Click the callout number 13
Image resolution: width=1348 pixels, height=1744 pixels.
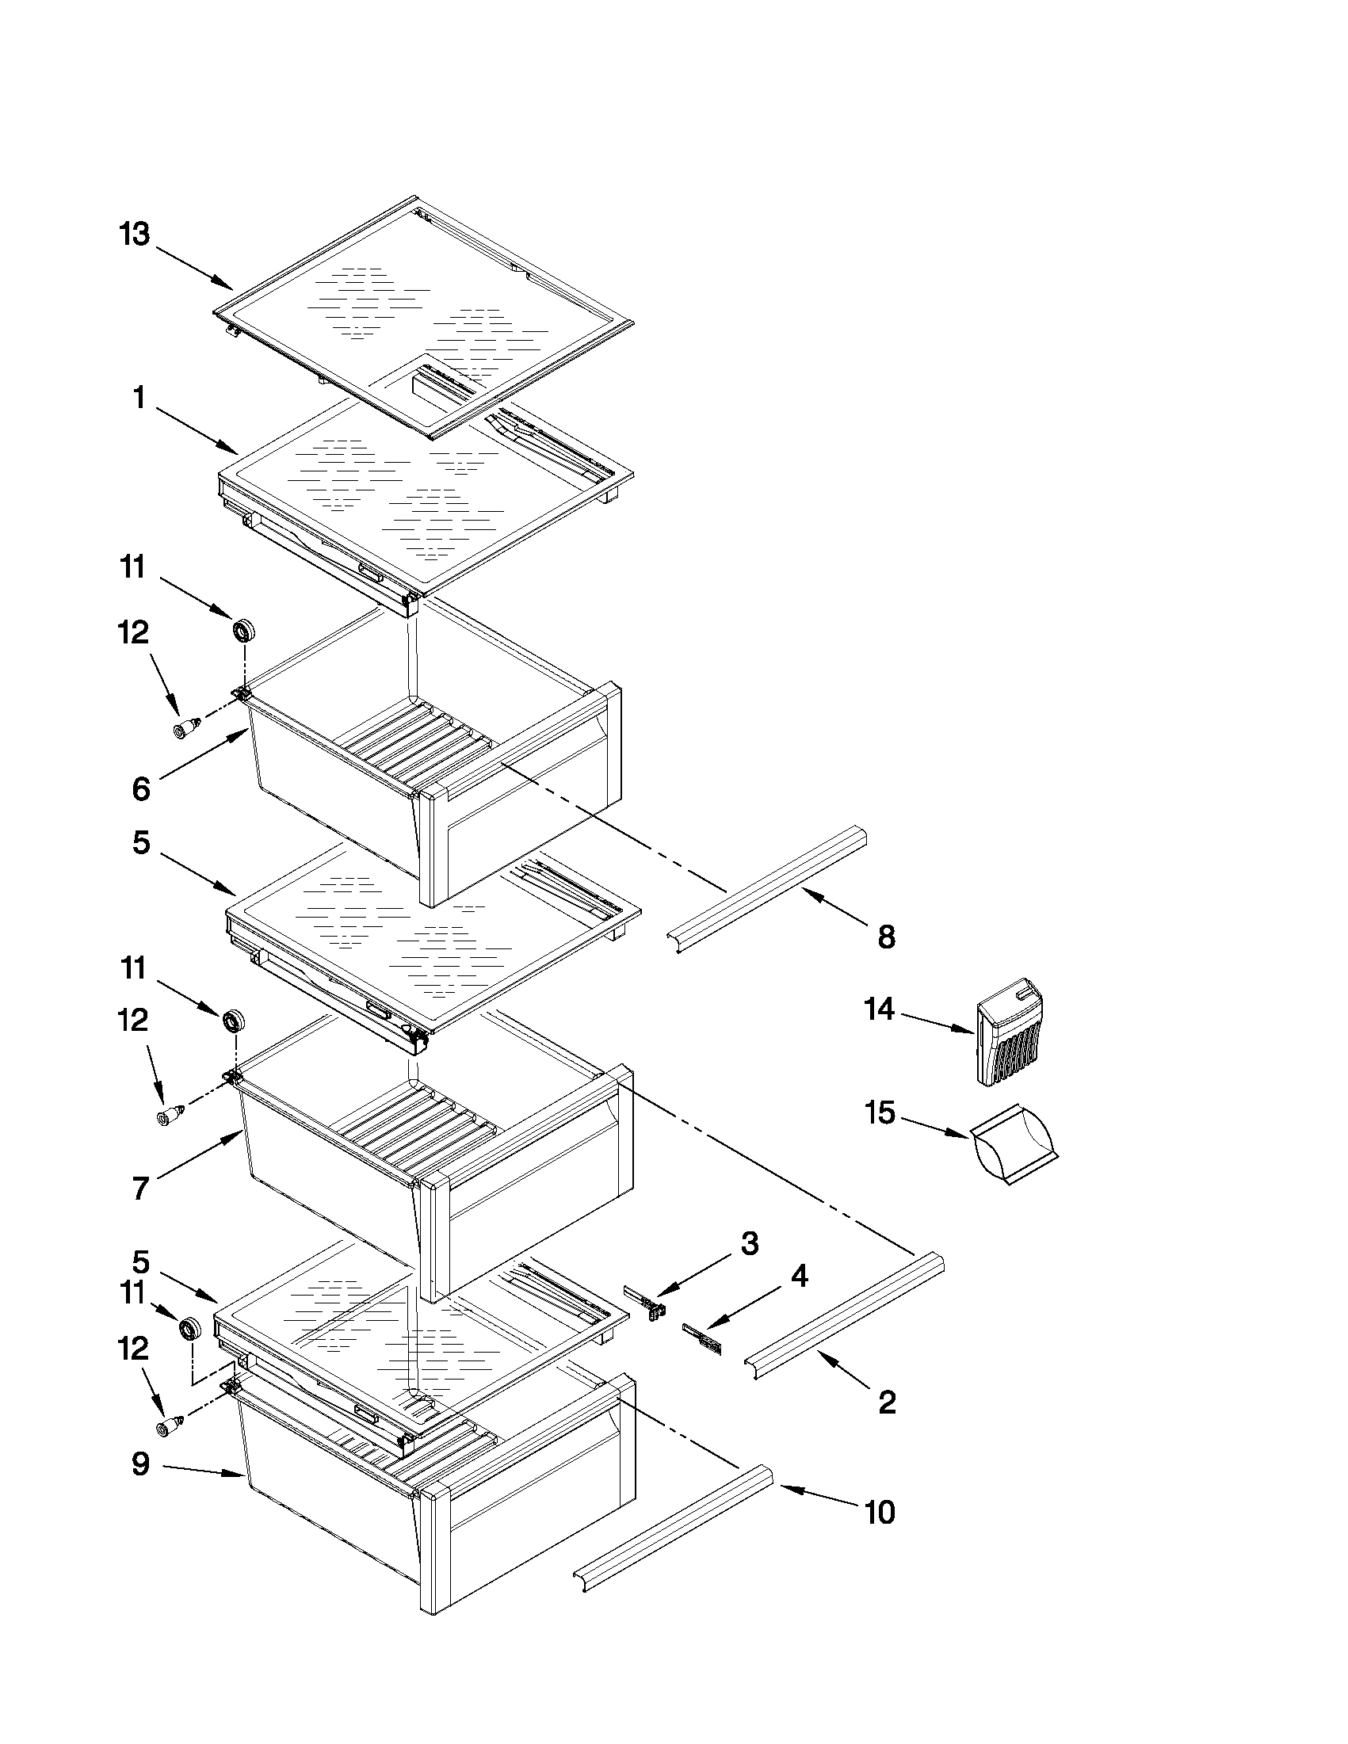134,235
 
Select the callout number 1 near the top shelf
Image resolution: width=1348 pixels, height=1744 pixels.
139,397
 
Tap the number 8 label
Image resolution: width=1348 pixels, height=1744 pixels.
887,937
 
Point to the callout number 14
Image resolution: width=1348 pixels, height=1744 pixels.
879,1009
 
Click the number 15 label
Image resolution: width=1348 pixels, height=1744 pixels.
880,1113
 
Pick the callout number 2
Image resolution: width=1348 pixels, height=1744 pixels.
888,1402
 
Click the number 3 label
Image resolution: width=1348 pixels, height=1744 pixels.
750,1243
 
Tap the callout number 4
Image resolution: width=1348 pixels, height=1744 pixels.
800,1275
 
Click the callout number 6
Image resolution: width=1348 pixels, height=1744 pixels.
140,789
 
